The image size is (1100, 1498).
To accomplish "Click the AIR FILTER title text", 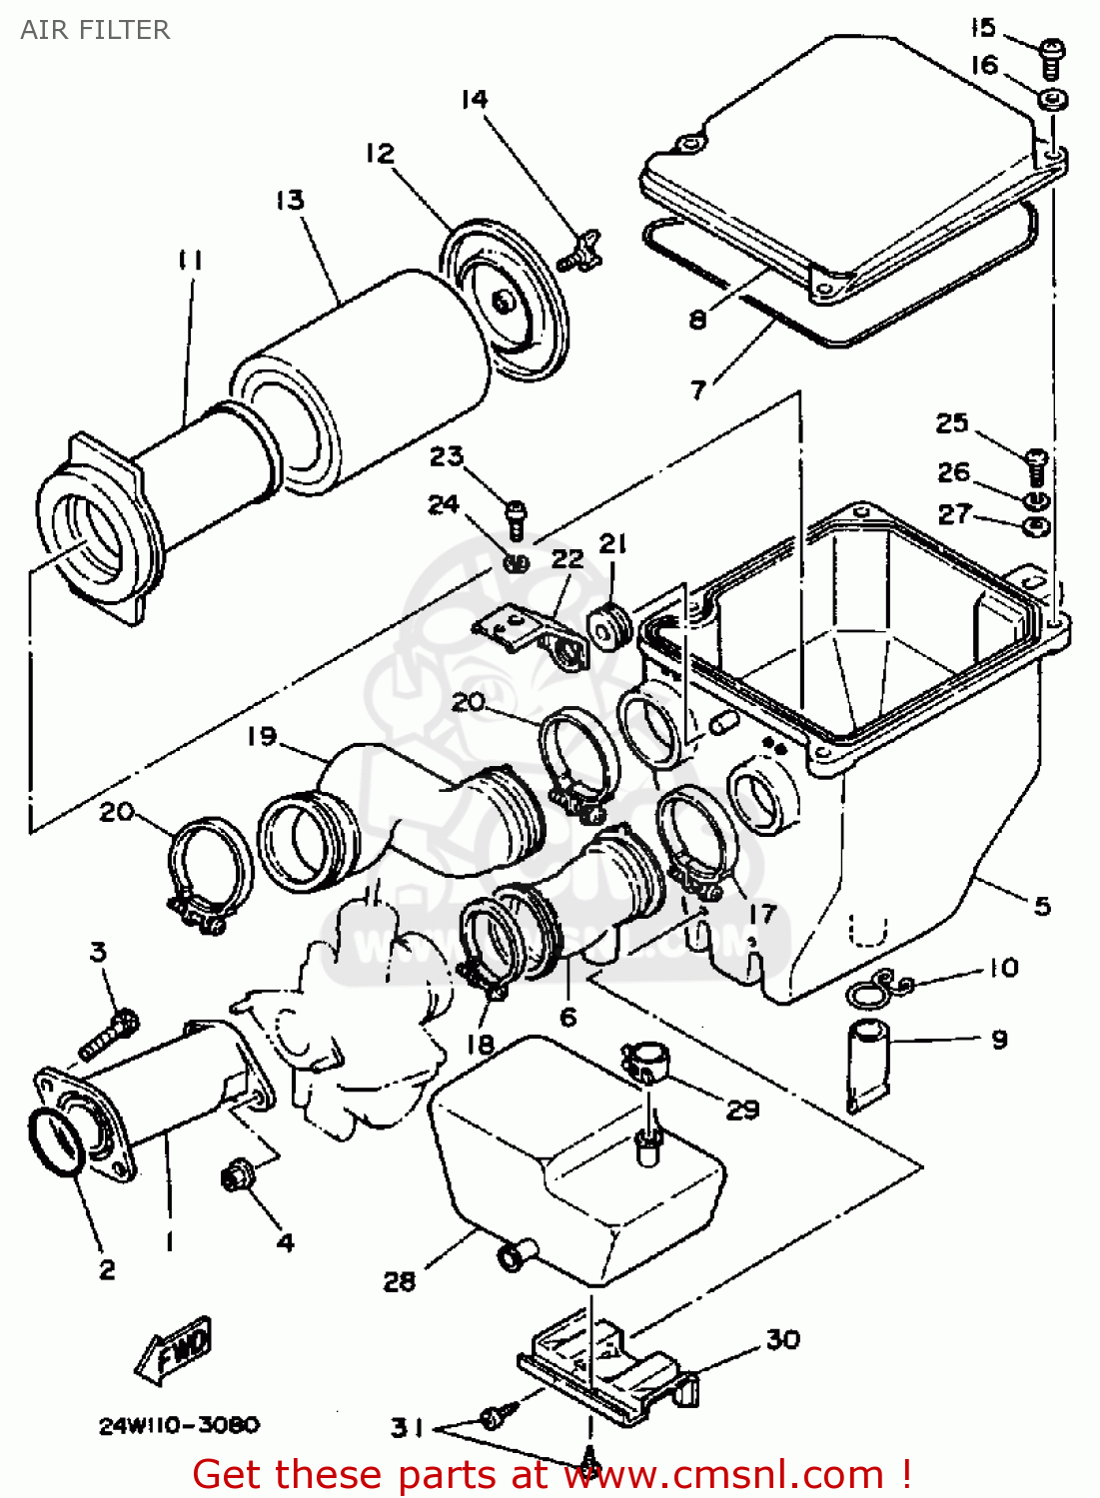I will pos(95,30).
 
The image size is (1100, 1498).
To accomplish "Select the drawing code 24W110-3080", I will pos(179,1425).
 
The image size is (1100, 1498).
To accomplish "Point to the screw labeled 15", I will pos(1051,57).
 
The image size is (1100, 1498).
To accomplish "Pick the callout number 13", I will pos(290,200).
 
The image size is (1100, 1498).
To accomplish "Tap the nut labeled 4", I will pos(236,1177).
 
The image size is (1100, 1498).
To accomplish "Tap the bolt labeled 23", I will pos(516,517).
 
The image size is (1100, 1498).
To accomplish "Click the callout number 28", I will pos(399,1281).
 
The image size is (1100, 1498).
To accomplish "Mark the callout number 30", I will pos(782,1339).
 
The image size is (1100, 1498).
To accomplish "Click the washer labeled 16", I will pos(1050,100).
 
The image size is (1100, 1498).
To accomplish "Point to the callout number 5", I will pos(1042,906).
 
